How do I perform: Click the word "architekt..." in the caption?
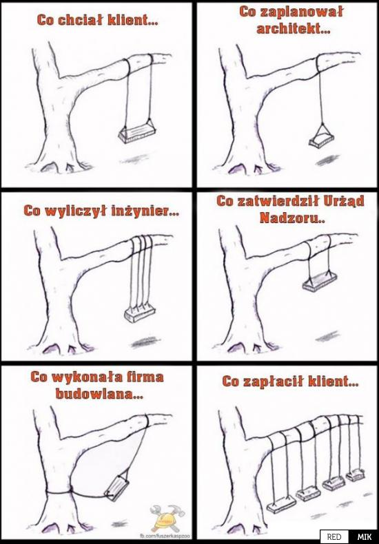click(294, 29)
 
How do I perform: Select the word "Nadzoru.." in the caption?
click(292, 218)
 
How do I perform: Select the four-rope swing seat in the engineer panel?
click(140, 314)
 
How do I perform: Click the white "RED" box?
click(334, 536)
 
